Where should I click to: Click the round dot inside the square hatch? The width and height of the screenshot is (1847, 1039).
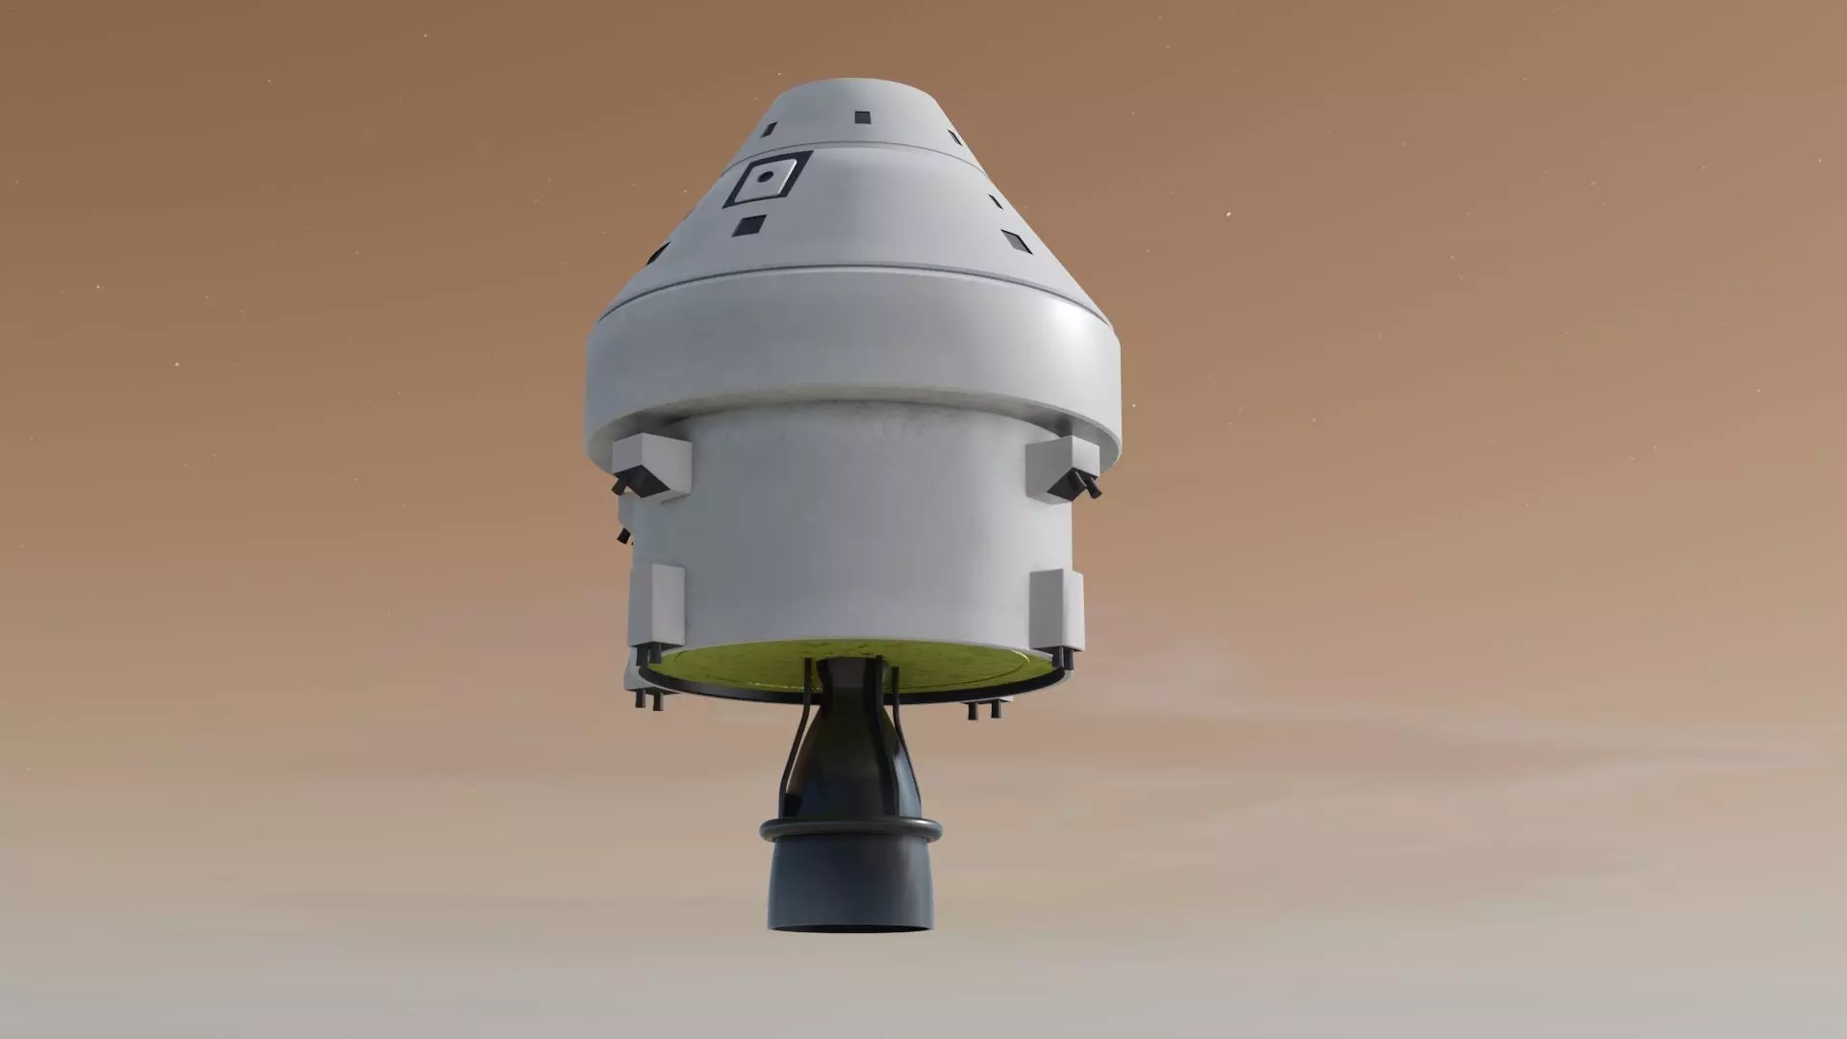click(x=765, y=177)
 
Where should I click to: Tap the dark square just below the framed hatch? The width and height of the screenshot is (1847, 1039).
click(x=749, y=225)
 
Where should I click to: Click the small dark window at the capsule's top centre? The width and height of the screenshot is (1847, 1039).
click(x=861, y=116)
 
